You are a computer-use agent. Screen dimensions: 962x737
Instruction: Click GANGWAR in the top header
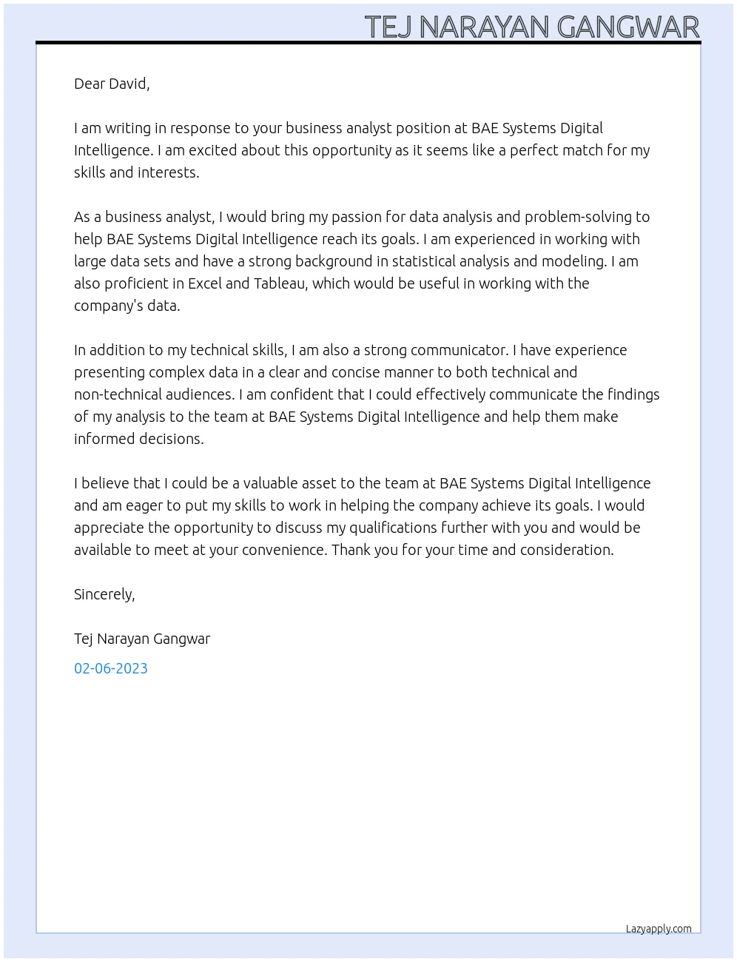tap(627, 27)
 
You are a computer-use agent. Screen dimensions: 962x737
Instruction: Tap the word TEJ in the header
tap(389, 27)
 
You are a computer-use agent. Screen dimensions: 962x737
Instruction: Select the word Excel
tap(205, 283)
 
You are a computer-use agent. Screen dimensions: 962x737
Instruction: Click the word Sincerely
tap(104, 594)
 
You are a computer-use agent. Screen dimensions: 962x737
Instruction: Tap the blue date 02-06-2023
tap(111, 668)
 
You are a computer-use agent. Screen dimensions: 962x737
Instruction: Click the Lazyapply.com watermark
tap(659, 929)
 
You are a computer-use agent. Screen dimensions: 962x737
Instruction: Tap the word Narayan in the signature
tap(123, 639)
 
